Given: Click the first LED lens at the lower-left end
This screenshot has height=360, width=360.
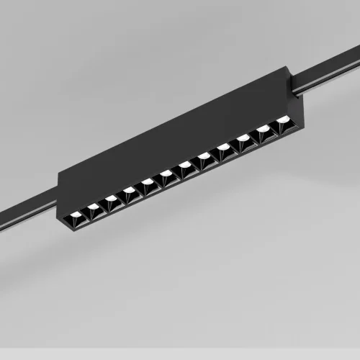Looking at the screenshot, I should [x=73, y=214].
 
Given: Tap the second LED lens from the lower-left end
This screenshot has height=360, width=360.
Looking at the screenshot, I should [x=92, y=206].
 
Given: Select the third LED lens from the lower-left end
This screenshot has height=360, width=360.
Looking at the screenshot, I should [x=110, y=198].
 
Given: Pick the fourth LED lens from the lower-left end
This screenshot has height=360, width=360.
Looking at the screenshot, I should [x=129, y=190].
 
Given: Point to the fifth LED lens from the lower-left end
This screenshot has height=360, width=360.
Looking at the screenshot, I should [x=148, y=181].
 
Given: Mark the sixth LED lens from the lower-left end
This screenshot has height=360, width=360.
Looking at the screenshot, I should [x=166, y=174].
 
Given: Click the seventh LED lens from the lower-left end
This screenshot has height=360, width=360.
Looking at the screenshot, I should [x=185, y=165].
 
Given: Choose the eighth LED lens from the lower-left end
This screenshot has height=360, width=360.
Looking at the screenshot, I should [x=204, y=156].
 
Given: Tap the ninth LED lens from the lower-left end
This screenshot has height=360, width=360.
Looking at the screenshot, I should [x=224, y=148].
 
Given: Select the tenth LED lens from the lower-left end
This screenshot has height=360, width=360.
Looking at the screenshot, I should [x=243, y=139].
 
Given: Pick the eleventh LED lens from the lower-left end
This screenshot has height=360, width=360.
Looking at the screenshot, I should [x=263, y=130].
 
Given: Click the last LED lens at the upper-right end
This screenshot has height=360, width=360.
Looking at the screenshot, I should [x=282, y=122].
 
